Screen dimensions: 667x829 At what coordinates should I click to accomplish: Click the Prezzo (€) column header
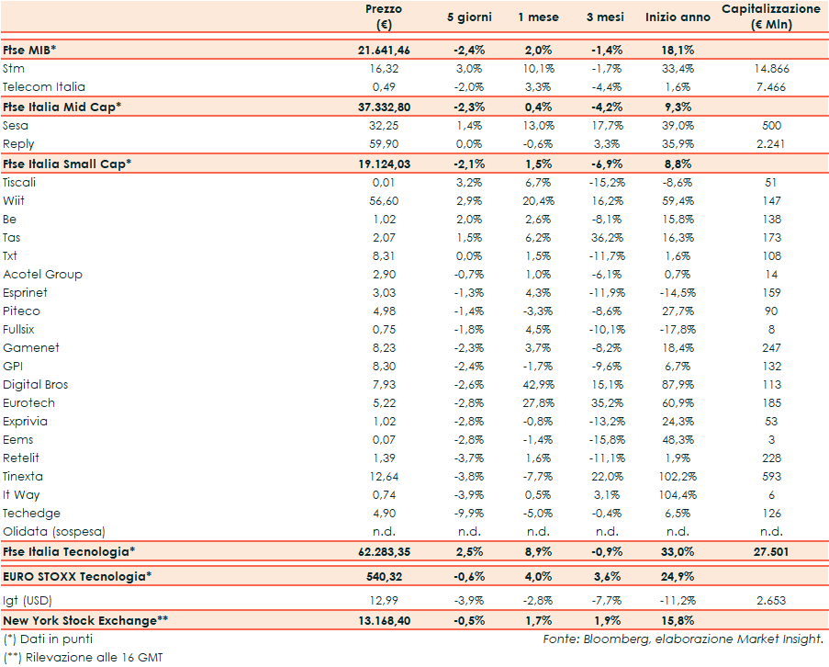click(383, 17)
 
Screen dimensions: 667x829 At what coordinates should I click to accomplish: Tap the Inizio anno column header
click(678, 17)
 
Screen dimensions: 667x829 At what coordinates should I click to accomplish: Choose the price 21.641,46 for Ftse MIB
click(383, 50)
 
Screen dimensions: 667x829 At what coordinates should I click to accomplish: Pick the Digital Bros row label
click(35, 384)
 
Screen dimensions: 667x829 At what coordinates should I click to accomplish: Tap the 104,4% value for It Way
click(678, 494)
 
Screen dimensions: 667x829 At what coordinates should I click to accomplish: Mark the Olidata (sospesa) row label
click(53, 531)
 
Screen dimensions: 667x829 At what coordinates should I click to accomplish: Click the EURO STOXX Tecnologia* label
click(76, 576)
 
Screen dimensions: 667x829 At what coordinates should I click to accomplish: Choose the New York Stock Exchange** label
click(85, 620)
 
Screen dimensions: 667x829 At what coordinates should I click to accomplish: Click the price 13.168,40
click(383, 620)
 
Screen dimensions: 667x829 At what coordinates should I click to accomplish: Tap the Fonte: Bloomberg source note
click(682, 639)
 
